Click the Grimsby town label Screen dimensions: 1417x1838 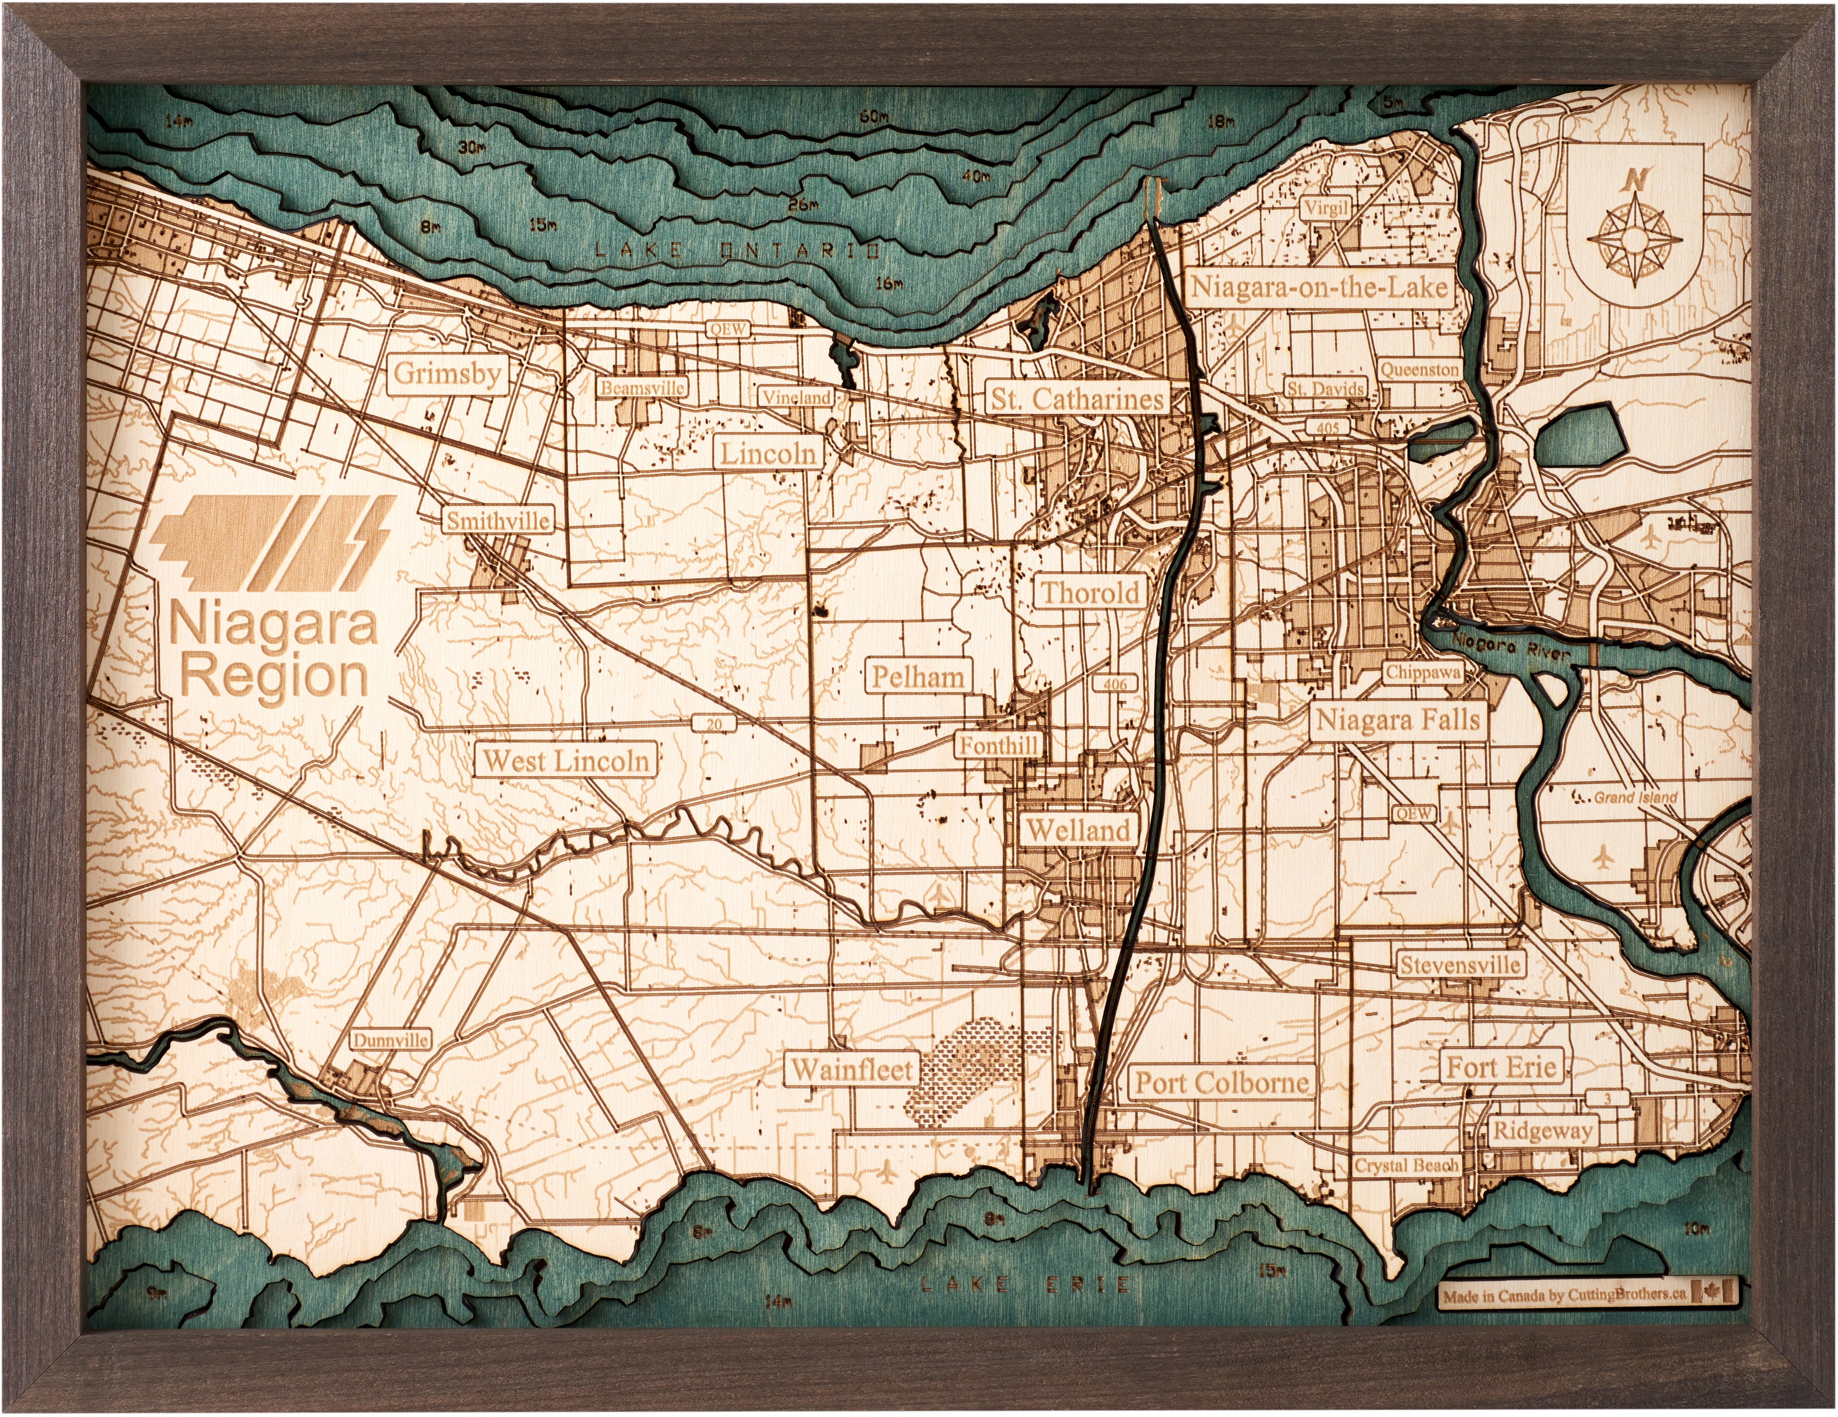[x=447, y=373]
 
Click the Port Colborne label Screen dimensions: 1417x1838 [x=1222, y=1082]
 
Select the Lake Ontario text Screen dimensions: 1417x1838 [x=737, y=250]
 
